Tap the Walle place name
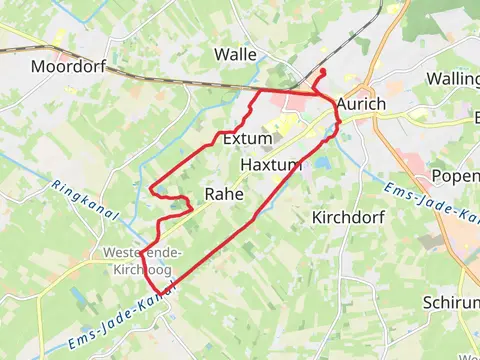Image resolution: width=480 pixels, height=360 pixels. coord(236,54)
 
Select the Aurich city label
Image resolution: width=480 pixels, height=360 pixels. coord(361,104)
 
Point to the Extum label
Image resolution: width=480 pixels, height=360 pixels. coord(248,138)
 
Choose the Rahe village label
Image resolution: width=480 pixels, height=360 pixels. coord(224,194)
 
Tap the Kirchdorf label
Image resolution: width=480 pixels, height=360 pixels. coord(346,216)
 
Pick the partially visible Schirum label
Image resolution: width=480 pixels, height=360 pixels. coord(451,302)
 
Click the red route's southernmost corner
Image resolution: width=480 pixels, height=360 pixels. coord(160,296)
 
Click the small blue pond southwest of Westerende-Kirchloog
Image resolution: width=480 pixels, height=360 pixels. coord(79,295)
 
